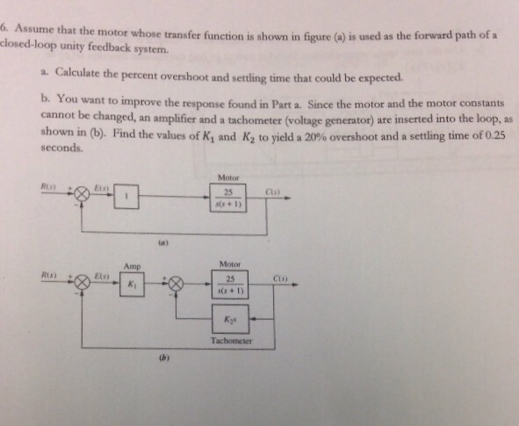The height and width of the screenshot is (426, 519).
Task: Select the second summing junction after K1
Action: point(176,283)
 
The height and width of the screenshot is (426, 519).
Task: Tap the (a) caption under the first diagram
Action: point(162,237)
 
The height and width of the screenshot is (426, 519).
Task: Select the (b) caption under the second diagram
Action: point(163,357)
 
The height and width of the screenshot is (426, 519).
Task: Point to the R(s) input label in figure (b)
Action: point(49,275)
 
